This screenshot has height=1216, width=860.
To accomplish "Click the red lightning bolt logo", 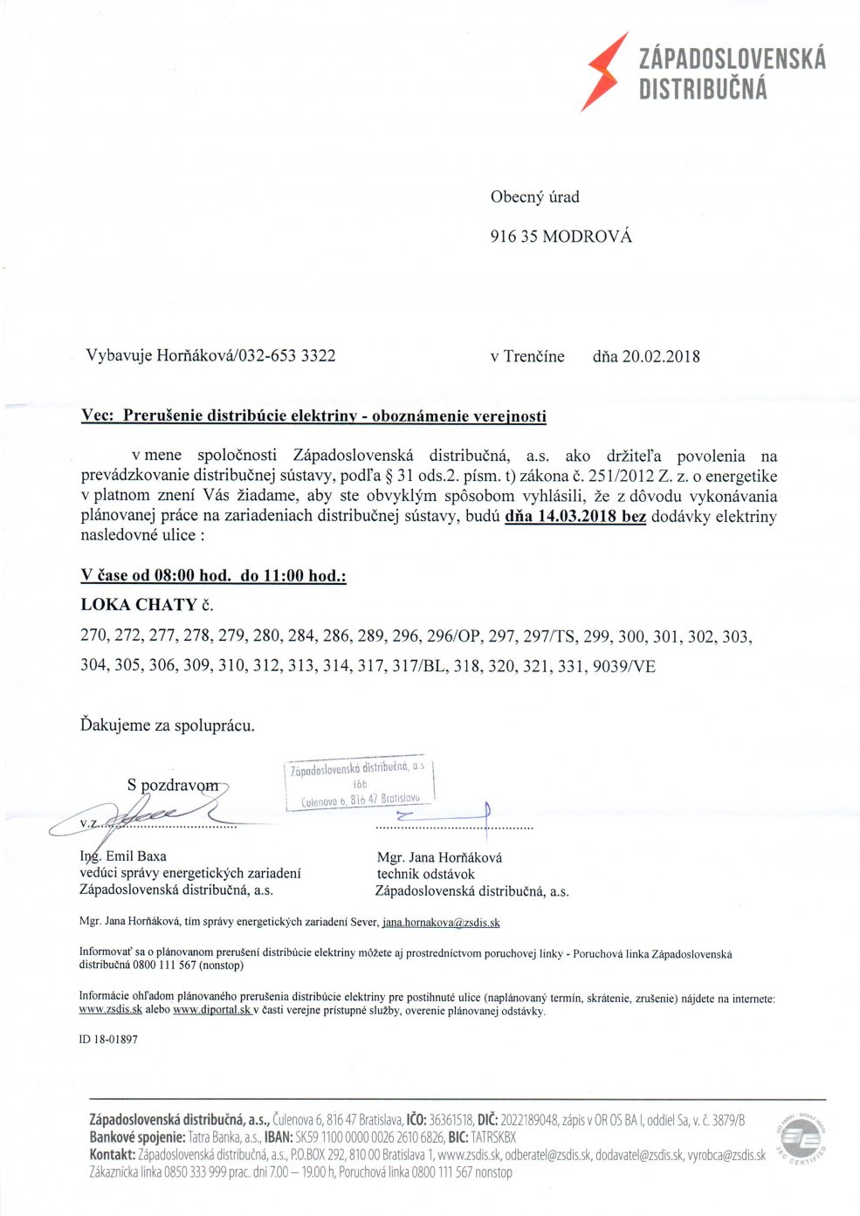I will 605,72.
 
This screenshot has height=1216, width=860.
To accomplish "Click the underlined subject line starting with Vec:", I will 313,416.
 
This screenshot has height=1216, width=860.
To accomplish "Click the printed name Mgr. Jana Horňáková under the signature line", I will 439,857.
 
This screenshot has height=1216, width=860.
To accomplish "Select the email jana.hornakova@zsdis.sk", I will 441,922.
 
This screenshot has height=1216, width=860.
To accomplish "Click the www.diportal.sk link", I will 212,1010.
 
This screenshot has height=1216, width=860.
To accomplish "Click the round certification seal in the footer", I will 800,1140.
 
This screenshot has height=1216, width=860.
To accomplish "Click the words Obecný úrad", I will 534,197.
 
